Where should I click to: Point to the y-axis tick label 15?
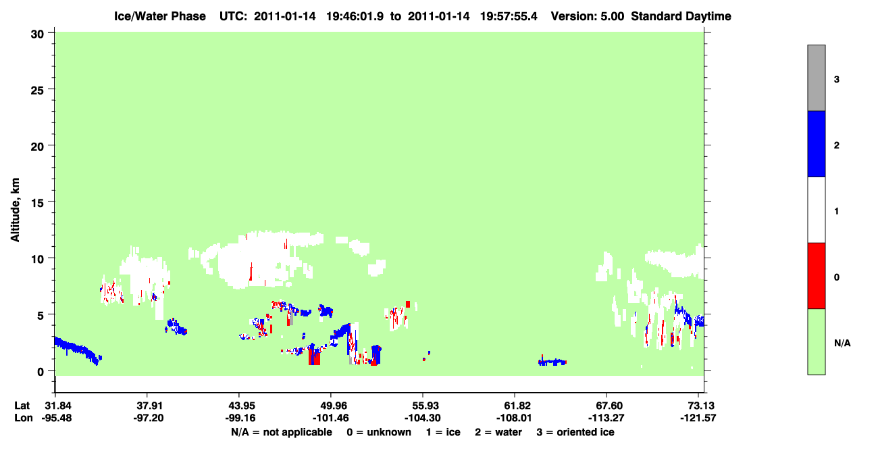tap(37, 203)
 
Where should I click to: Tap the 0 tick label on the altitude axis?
tap(41, 372)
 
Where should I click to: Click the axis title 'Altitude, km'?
tap(15, 210)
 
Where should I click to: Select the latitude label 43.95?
tap(240, 406)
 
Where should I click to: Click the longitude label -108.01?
tap(514, 418)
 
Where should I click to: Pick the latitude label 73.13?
tap(698, 406)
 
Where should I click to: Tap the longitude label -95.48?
tap(57, 418)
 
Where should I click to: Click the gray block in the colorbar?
tap(816, 78)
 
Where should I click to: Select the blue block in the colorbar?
tap(816, 143)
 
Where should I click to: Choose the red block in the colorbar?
tap(816, 276)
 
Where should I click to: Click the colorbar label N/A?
tap(842, 343)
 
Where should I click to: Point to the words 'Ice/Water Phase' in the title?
tap(160, 16)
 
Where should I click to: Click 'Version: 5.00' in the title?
tap(588, 16)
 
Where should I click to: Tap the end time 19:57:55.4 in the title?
tap(509, 16)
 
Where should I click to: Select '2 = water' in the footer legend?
tap(498, 432)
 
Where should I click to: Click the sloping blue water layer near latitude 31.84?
tap(76, 350)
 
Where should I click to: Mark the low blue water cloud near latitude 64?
tap(552, 362)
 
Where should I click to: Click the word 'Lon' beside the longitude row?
tap(24, 418)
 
